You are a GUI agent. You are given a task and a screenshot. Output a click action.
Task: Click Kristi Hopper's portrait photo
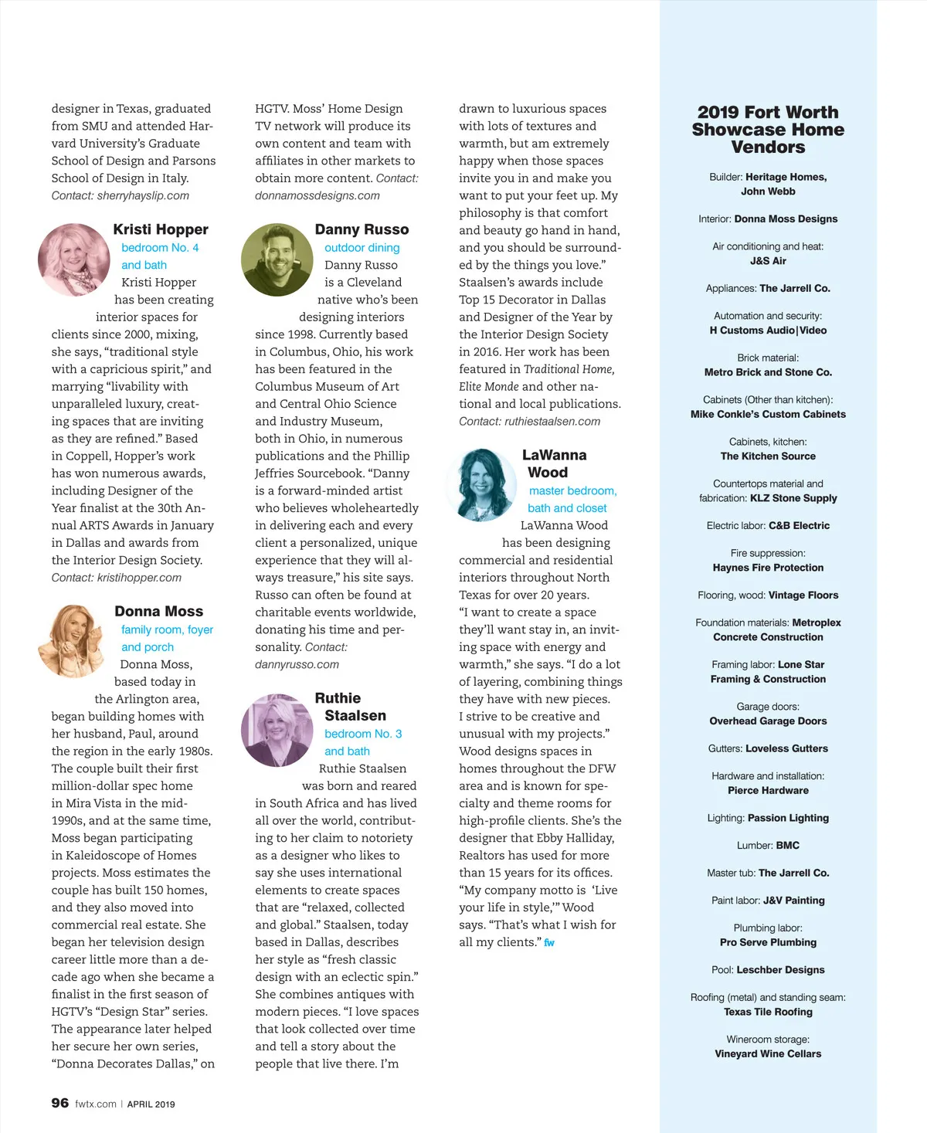75,260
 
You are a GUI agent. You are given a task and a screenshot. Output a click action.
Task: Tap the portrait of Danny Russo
277,260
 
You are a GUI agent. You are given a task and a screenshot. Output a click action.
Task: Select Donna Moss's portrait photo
73,641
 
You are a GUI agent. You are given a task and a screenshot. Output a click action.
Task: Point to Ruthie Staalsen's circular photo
277,730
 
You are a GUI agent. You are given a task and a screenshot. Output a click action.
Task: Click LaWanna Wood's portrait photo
482,484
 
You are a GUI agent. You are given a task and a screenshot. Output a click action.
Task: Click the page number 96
60,1103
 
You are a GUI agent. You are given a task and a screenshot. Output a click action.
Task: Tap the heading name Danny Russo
362,229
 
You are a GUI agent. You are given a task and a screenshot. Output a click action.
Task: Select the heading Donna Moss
158,611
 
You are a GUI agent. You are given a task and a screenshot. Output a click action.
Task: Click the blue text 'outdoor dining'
362,248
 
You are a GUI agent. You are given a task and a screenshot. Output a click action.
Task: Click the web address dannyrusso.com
297,664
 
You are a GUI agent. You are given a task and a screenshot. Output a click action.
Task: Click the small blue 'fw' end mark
549,943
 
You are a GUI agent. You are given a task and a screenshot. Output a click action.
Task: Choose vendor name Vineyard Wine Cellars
768,1053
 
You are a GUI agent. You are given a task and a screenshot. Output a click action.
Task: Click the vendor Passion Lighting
788,818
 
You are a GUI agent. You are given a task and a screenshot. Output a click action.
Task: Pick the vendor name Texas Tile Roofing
768,1012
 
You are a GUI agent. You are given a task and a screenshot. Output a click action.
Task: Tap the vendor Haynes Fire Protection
768,568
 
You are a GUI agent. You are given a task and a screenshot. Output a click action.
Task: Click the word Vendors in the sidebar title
768,148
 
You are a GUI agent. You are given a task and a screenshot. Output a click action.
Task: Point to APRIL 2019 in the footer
151,1104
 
